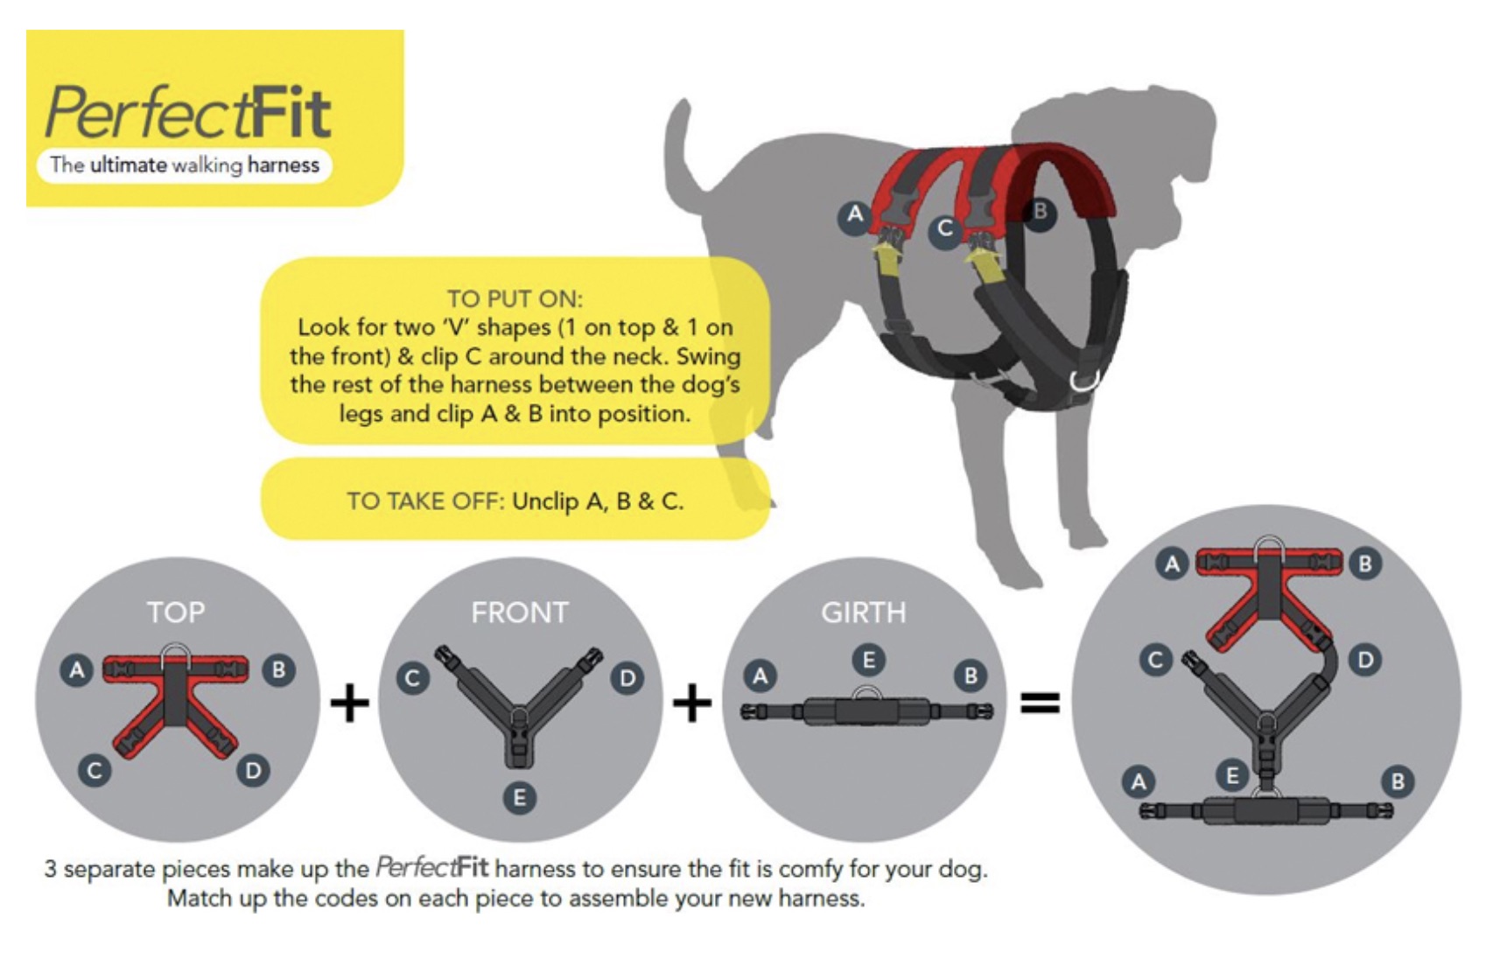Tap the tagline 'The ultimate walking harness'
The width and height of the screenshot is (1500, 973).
[x=185, y=164]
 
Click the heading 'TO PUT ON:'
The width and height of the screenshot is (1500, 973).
[x=515, y=298]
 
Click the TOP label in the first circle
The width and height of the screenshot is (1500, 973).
[x=176, y=612]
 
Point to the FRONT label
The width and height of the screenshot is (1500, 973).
[x=520, y=612]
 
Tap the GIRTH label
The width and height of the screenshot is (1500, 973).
[x=863, y=612]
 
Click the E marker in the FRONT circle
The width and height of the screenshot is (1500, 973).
[x=519, y=797]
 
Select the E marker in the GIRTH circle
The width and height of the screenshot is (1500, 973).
[x=868, y=660]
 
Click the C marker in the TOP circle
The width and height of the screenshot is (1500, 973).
[x=95, y=771]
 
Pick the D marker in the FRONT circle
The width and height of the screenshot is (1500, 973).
[x=627, y=678]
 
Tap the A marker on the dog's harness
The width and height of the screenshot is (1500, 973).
[x=854, y=214]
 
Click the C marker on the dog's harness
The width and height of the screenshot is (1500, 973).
[x=944, y=229]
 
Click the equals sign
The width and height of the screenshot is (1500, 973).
[x=1041, y=703]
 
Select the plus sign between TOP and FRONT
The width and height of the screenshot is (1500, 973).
[x=349, y=703]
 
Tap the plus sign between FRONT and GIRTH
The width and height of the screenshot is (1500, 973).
[x=692, y=703]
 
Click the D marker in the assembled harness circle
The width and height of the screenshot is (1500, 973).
[x=1365, y=660]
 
